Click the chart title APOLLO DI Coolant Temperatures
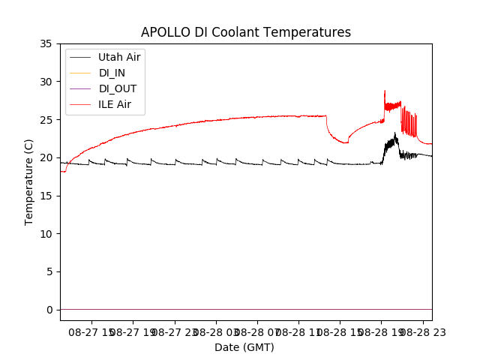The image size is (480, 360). [x=246, y=32]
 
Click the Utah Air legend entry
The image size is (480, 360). [x=119, y=57]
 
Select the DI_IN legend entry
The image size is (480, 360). [x=113, y=73]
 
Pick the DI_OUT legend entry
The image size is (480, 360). [x=117, y=88]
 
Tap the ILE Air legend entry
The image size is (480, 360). [x=115, y=104]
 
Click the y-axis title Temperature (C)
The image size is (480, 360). [x=29, y=181]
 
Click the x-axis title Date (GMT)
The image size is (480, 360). [x=244, y=347]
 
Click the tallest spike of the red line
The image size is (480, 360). [x=385, y=91]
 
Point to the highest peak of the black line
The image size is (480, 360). [x=395, y=133]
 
